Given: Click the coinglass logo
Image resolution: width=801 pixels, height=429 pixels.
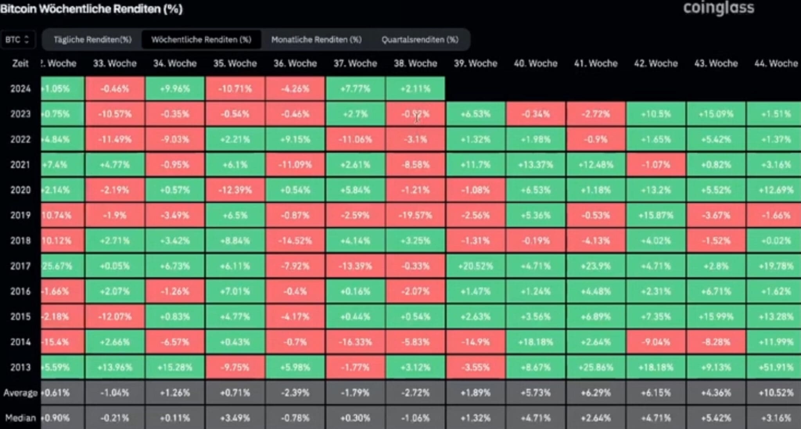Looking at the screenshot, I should click(718, 9).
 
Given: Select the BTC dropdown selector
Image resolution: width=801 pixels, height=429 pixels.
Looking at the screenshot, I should click(18, 39).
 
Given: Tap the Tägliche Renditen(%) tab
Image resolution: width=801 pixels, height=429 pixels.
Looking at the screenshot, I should click(92, 39).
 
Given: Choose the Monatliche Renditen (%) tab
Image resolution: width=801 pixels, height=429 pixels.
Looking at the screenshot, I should click(316, 39).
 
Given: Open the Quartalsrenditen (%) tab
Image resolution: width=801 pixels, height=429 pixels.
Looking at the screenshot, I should click(420, 39).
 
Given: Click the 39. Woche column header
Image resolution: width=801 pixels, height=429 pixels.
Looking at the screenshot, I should click(475, 63).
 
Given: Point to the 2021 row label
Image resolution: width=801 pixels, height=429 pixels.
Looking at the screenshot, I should click(20, 165).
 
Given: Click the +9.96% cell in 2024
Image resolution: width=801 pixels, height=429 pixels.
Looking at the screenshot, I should click(175, 89).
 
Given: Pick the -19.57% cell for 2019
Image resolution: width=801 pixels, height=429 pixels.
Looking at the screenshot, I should click(415, 215).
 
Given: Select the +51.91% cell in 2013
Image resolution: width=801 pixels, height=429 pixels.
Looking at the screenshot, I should click(776, 367).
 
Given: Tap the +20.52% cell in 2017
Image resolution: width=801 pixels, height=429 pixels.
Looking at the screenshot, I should click(475, 266).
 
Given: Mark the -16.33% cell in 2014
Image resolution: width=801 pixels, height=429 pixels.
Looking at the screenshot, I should click(355, 342).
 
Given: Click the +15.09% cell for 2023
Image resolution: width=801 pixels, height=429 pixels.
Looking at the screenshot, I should click(716, 114).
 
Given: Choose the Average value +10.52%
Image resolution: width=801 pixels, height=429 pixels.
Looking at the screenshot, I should click(776, 393).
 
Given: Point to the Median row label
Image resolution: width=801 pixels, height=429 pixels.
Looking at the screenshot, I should click(20, 418).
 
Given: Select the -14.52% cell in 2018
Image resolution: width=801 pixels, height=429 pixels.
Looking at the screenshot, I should click(295, 241).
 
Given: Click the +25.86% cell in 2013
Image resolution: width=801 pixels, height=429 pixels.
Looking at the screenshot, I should click(596, 367).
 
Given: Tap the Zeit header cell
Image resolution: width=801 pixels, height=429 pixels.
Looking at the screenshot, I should click(20, 63).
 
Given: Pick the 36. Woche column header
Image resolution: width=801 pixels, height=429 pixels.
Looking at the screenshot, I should click(295, 63).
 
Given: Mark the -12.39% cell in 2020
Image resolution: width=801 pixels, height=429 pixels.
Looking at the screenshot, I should click(235, 190).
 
